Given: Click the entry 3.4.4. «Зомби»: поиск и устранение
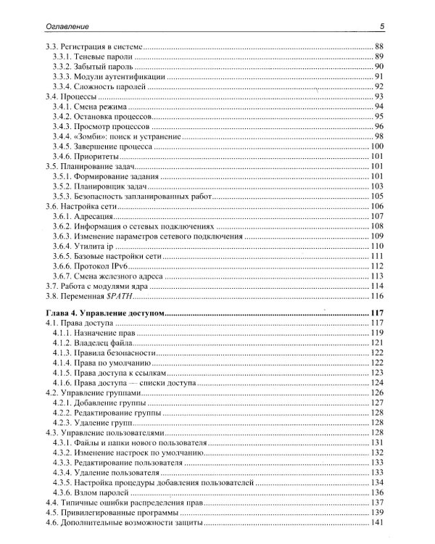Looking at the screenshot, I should [x=113, y=136].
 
